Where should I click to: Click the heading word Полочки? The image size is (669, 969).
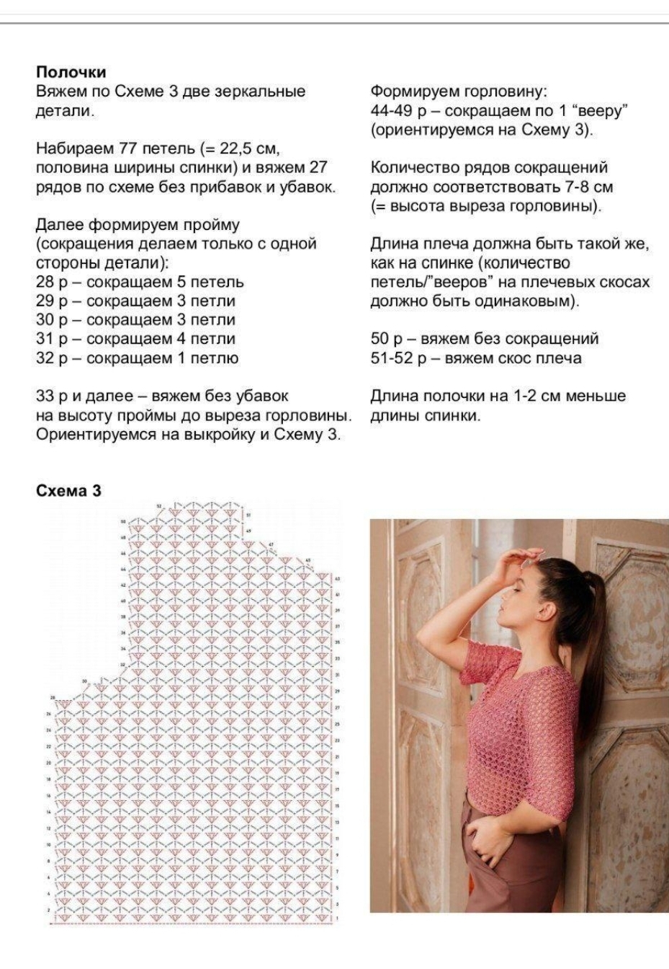[x=71, y=72]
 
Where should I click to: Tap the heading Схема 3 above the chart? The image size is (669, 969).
[x=68, y=491]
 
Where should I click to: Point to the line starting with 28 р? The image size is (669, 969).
[x=140, y=282]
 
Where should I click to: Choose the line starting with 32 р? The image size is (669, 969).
[x=137, y=358]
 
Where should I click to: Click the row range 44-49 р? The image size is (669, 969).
[x=399, y=111]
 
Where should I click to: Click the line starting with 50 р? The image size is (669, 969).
[x=484, y=339]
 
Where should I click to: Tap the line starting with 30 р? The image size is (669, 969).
[x=135, y=319]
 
